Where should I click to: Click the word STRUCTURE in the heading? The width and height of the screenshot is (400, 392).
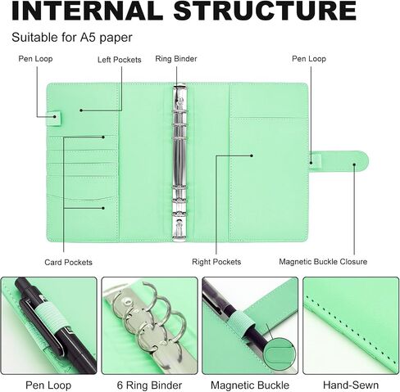coord(265,11)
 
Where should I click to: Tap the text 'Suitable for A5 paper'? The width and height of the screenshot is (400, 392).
coord(72,38)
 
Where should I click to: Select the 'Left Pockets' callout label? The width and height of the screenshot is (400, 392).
coord(120,60)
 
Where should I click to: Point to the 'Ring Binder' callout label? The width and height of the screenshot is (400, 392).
coord(176,59)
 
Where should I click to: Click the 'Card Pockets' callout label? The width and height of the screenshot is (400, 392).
coord(68,262)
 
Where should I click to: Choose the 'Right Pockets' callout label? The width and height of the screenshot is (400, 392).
coord(216,262)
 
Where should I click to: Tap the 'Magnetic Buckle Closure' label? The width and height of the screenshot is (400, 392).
coord(323,261)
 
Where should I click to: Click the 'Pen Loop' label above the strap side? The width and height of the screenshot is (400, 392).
coord(309,59)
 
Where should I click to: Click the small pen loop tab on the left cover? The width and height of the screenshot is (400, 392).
coord(55,118)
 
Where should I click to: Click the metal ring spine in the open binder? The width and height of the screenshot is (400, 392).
coord(180,163)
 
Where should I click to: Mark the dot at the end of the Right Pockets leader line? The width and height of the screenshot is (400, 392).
coord(252,155)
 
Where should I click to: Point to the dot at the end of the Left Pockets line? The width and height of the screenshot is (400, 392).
coord(81,110)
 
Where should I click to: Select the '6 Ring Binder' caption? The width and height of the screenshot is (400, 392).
coord(149,385)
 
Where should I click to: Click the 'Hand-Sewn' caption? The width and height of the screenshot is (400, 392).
coord(351,385)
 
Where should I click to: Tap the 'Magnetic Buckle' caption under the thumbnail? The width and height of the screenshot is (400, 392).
coord(250,385)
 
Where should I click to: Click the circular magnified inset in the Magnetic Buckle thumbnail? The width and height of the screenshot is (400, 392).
coord(280,354)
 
